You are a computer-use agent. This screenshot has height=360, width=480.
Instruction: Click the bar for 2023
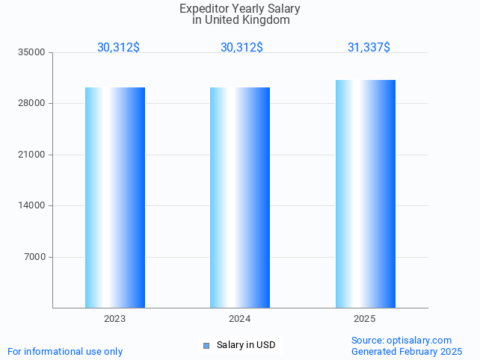pos(114,197)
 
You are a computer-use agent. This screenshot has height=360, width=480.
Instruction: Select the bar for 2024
pos(239,197)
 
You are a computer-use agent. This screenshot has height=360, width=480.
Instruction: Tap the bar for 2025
pos(365,193)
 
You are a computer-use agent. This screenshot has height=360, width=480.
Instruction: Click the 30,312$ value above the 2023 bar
pos(118,47)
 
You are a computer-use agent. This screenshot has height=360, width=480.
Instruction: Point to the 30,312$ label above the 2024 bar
pos(241,47)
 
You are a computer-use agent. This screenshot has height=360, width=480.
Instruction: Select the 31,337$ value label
pos(369,47)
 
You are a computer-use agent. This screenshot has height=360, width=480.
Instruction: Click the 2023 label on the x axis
pos(114,319)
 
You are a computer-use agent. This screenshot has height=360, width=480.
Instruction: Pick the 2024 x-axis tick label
pos(239,319)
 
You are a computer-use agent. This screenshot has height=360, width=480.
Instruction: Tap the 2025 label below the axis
pos(365,319)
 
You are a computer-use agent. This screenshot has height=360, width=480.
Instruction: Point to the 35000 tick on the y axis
pos(33,52)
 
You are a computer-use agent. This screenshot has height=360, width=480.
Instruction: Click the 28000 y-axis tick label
pos(33,104)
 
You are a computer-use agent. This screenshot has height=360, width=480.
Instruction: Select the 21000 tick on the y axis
pos(33,155)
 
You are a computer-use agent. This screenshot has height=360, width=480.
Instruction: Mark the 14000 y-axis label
pos(33,206)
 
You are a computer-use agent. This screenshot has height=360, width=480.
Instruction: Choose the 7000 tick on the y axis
pos(35,257)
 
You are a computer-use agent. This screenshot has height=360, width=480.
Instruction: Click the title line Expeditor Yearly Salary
pos(240,9)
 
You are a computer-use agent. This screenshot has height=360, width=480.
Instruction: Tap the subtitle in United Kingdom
pos(241,20)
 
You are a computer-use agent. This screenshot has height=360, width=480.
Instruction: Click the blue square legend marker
pos(206,345)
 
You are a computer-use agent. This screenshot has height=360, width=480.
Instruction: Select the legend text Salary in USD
pos(246,345)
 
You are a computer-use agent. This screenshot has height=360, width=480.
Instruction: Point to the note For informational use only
pos(65,351)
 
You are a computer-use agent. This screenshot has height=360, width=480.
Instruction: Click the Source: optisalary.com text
pos(401,341)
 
